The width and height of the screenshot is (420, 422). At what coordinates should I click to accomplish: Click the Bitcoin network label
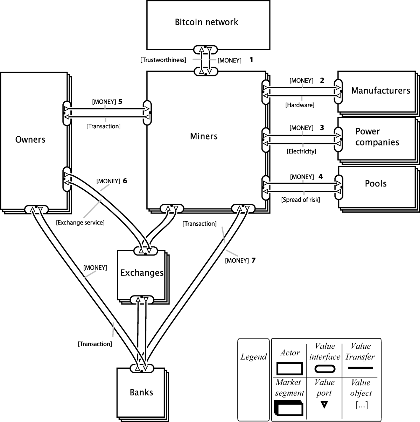[206, 22]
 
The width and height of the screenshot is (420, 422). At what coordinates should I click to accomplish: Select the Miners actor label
[204, 136]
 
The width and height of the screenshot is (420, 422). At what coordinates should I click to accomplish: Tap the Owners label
[30, 139]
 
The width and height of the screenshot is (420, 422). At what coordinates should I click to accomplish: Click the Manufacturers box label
[380, 91]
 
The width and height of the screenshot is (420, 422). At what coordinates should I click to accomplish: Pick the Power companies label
[377, 137]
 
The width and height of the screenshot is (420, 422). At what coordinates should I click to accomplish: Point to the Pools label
[376, 184]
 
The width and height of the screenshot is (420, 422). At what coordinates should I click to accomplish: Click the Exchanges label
[142, 273]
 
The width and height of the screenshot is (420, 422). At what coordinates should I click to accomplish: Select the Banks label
[141, 392]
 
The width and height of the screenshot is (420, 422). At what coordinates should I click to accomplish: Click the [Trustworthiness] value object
[163, 60]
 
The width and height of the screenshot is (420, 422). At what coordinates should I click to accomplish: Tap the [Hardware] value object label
[300, 105]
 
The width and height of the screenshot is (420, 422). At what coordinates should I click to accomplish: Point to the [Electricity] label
[301, 151]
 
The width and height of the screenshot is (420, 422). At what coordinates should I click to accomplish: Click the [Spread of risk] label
[301, 200]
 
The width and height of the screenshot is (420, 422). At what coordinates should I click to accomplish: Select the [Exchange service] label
[80, 222]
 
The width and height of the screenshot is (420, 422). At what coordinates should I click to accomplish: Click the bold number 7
[253, 260]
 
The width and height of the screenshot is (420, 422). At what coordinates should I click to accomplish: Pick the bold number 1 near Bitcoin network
[251, 60]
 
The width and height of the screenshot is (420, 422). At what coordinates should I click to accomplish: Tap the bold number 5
[120, 102]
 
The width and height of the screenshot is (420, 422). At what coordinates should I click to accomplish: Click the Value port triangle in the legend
[324, 405]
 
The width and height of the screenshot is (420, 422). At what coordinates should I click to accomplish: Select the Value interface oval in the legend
[324, 369]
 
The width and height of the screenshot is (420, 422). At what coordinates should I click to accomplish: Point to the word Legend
[253, 357]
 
